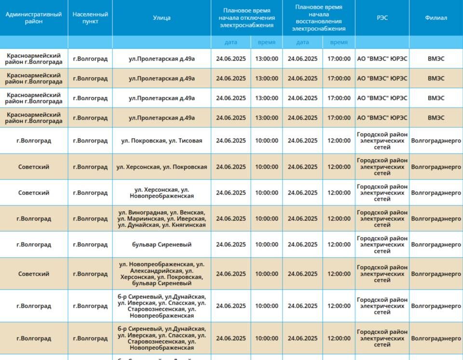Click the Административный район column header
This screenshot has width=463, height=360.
tap(34, 18)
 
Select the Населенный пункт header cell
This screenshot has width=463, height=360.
tap(90, 18)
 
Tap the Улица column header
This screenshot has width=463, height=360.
tap(162, 18)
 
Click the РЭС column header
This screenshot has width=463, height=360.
tap(382, 18)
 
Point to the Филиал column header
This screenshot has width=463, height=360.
tap(436, 18)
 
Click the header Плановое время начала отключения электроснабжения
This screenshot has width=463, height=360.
tap(246, 18)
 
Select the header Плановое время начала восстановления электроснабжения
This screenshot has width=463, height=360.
tap(319, 18)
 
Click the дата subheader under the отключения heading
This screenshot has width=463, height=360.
tap(231, 42)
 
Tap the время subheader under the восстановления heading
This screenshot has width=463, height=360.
tap(339, 42)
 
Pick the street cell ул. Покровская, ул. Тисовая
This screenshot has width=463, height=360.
tap(162, 141)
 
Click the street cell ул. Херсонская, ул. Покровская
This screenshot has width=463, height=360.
tap(162, 167)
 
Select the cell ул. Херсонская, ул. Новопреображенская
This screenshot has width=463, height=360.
tap(162, 193)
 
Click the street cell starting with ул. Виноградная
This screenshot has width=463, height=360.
tap(162, 219)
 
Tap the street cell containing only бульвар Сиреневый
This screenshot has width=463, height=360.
tap(162, 245)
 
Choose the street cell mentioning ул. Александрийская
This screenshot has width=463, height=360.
tap(162, 274)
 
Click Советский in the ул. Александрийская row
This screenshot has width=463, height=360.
tap(34, 274)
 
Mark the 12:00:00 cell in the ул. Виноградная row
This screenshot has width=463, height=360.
tap(339, 219)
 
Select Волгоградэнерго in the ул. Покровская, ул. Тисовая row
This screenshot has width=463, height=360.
tap(436, 141)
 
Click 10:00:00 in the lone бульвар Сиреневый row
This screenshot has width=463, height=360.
tap(267, 245)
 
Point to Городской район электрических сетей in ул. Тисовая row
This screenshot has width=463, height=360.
tap(382, 141)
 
